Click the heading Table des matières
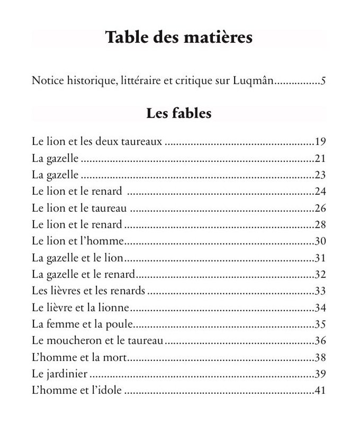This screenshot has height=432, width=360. coord(178,38)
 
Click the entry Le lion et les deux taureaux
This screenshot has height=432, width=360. coord(96,141)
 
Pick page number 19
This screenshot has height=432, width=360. coord(319,142)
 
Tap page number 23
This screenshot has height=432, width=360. coord(319,175)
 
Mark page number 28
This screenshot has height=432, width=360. coord(319,224)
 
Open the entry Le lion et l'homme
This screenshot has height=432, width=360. coord(77,241)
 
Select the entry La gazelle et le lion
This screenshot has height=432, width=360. coord(77,257)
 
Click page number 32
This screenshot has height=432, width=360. coord(319,274)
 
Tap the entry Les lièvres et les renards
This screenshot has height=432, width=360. coord(88,291)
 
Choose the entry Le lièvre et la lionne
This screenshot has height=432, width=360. coord(81,307)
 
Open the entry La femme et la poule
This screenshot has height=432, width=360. coord(81,323)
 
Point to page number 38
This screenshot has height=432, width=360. coord(319,357)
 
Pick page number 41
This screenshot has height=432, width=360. coord(319,391)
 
